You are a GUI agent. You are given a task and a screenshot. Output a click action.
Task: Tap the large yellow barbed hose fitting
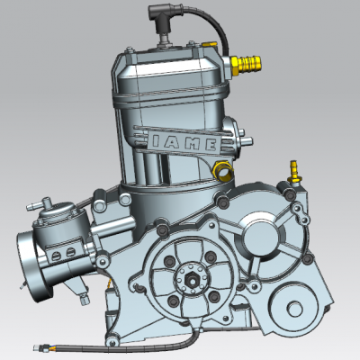[246, 64]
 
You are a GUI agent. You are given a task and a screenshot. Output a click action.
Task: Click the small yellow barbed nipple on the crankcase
[294, 173]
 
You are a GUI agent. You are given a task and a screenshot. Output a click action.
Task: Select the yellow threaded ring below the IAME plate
[222, 170]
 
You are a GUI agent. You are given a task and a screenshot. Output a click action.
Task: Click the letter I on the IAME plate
[157, 140]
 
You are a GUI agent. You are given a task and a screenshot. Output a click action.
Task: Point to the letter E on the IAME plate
[211, 145]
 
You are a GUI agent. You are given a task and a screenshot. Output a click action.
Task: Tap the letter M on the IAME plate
[193, 144]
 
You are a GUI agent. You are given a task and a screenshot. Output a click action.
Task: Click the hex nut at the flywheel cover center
[191, 280]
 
